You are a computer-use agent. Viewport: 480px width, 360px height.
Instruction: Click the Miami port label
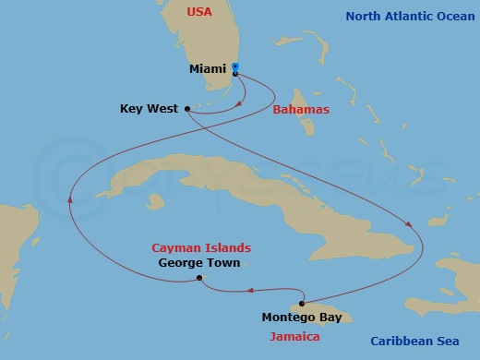coord(207,69)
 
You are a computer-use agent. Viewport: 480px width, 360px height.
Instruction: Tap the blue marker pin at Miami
coord(235,67)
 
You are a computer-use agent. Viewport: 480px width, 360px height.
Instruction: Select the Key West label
coord(149,109)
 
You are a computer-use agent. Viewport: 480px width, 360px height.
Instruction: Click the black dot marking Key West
coord(187,109)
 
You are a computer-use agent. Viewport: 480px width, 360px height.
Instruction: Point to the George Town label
coord(198,263)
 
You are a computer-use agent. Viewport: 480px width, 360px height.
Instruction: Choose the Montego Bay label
coord(301,318)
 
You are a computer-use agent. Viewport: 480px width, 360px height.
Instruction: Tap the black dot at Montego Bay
coord(302,303)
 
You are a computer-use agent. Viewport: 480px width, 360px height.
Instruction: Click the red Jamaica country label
coord(294,337)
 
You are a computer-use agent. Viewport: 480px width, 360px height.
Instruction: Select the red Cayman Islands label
coord(200,247)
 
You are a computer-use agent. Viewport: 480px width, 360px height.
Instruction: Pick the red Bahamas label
coord(300,109)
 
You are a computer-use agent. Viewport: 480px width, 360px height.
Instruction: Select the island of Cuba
coord(240,194)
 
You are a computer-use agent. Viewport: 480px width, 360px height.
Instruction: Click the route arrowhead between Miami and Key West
coord(239,103)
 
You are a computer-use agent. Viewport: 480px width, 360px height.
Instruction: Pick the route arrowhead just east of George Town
coord(249,291)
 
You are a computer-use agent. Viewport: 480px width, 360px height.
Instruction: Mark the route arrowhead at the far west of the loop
coord(71,198)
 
